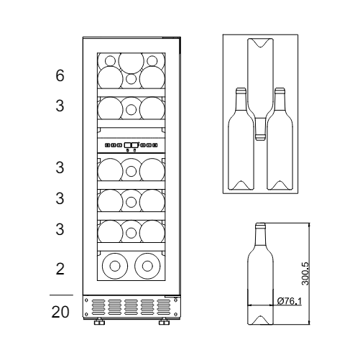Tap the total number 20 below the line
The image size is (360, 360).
[x=61, y=313]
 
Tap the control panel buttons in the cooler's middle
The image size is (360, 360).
[x=129, y=145]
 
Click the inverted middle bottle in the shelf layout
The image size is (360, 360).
[x=260, y=86]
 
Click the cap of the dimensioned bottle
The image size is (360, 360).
[x=260, y=226]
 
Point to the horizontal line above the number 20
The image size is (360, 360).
[x=61, y=295]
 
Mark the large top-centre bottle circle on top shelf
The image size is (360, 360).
[x=129, y=61]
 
